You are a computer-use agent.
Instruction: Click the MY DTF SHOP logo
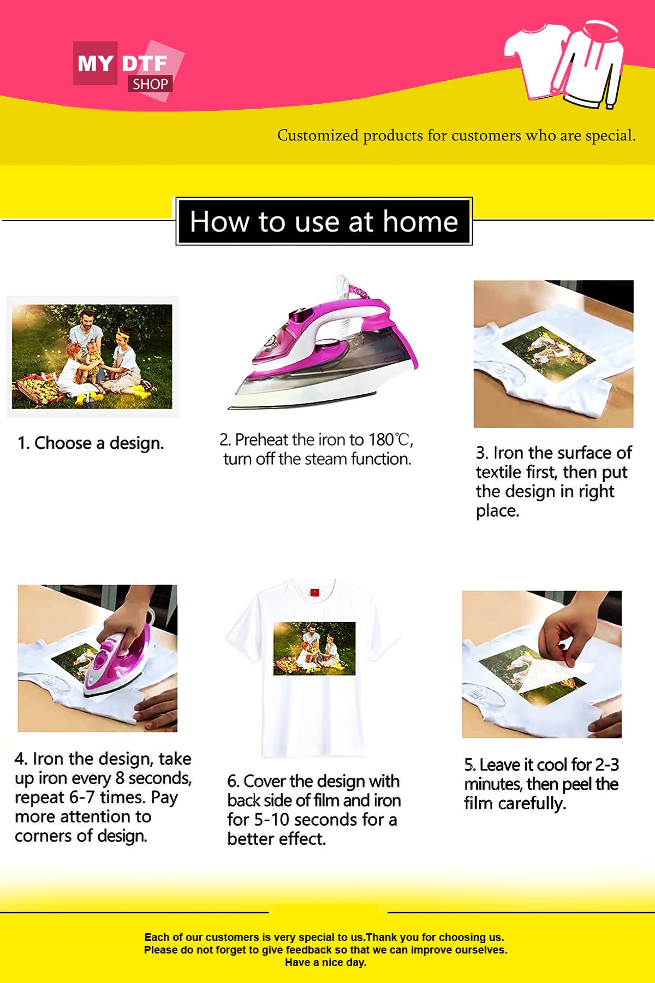[129, 70]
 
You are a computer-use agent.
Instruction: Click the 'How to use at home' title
[324, 221]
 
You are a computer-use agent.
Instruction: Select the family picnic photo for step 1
[92, 357]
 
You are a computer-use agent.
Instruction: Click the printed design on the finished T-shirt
[314, 648]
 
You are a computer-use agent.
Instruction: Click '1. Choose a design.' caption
[91, 443]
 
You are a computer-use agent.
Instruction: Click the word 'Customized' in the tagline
[318, 135]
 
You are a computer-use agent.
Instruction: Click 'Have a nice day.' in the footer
[326, 962]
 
